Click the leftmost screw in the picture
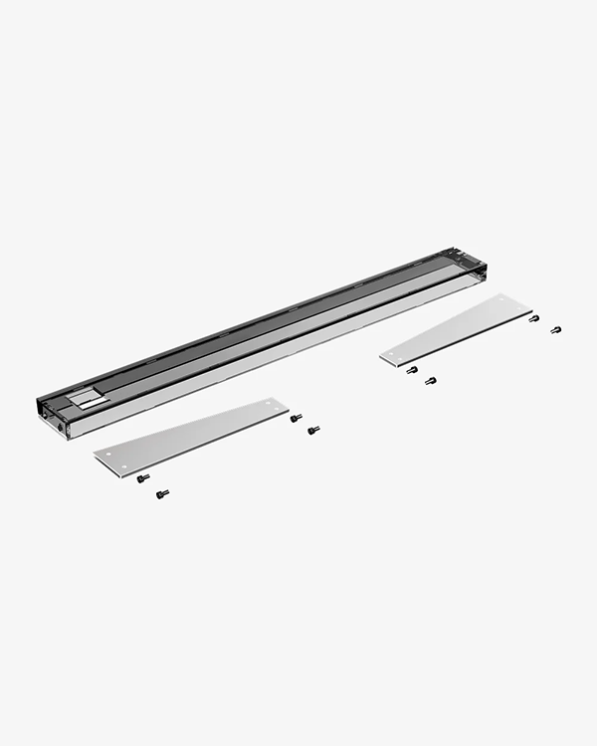tap(143, 478)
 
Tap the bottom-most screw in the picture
tap(162, 493)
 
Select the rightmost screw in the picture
tap(555, 329)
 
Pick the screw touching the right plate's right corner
tap(534, 318)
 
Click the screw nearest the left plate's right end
tap(296, 418)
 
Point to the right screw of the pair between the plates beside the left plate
tap(313, 430)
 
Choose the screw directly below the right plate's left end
tap(412, 370)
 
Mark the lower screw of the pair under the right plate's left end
tap(430, 380)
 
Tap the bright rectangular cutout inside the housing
tap(87, 398)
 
